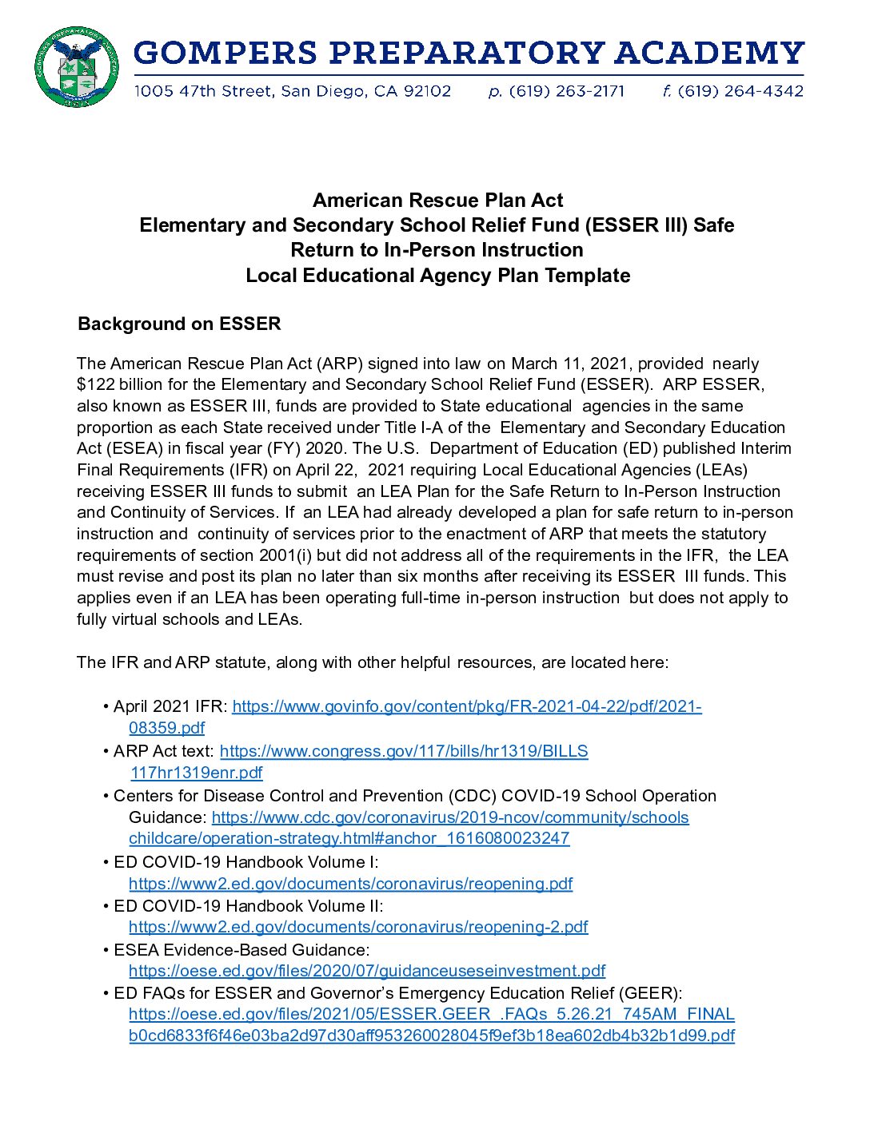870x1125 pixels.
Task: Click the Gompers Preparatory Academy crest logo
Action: click(77, 67)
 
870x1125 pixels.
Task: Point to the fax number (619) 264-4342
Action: click(740, 91)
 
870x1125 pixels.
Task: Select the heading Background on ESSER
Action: click(179, 324)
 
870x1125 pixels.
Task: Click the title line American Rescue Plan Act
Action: click(437, 200)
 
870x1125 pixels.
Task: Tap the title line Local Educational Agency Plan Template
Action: click(437, 276)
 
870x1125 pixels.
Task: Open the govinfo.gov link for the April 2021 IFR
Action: click(466, 706)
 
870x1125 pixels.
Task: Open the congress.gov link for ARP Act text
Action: click(404, 751)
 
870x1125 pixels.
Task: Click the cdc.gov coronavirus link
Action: click(450, 817)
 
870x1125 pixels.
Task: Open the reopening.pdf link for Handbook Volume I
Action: click(350, 884)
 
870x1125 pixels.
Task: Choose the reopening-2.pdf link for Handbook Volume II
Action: click(358, 927)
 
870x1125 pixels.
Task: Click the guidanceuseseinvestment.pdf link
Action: click(367, 971)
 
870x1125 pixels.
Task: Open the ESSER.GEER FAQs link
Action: click(431, 1014)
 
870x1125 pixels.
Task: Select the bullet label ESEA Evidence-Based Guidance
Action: click(241, 950)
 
